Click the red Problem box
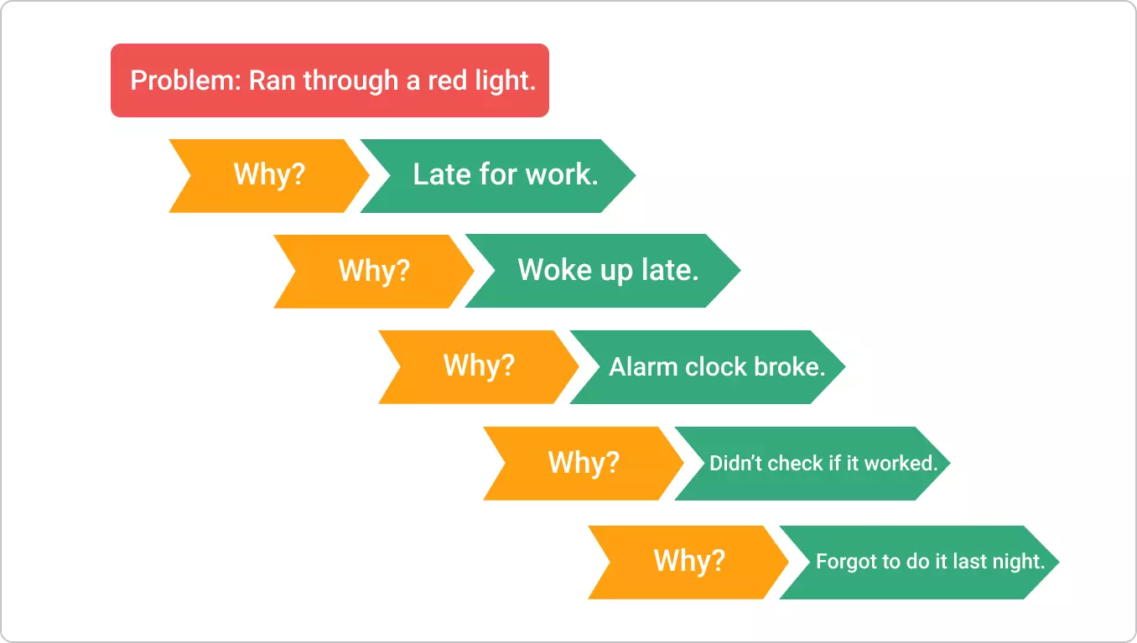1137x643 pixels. [330, 80]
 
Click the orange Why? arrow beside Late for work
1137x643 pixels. [269, 175]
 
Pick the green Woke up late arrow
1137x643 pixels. [608, 270]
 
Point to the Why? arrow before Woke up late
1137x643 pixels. [374, 270]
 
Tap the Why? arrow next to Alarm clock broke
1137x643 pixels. [479, 366]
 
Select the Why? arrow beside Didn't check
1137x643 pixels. [584, 463]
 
